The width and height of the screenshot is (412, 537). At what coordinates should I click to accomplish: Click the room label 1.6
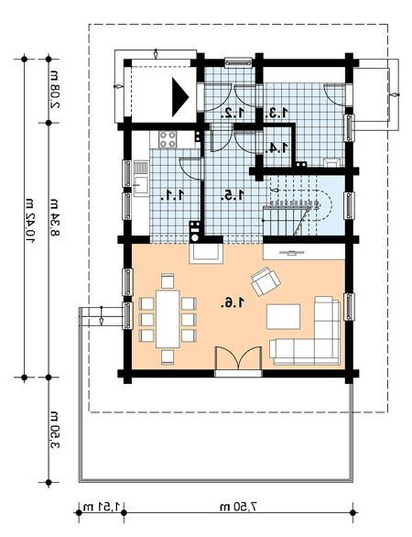pyautogui.click(x=233, y=302)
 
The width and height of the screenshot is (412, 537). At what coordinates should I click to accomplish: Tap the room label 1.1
pyautogui.click(x=173, y=195)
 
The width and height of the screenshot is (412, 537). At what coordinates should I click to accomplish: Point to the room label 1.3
pyautogui.click(x=276, y=112)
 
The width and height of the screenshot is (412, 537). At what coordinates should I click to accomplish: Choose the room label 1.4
pyautogui.click(x=276, y=148)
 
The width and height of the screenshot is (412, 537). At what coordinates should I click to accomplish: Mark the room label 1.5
pyautogui.click(x=233, y=195)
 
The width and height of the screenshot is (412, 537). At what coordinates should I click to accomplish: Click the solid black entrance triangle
pyautogui.click(x=180, y=97)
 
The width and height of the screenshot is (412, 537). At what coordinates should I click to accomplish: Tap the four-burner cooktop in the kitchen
pyautogui.click(x=168, y=139)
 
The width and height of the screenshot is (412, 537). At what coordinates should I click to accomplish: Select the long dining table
pyautogui.click(x=168, y=319)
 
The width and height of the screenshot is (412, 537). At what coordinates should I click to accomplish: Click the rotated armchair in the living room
pyautogui.click(x=266, y=281)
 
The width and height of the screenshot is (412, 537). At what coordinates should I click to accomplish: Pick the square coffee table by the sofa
pyautogui.click(x=283, y=317)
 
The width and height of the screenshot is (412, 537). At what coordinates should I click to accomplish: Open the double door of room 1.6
pyautogui.click(x=239, y=358)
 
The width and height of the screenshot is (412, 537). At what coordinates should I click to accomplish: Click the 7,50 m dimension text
pyautogui.click(x=238, y=506)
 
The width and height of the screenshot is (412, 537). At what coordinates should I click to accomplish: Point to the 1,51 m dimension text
pyautogui.click(x=103, y=506)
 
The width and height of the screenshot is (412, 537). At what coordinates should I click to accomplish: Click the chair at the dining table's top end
pyautogui.click(x=168, y=280)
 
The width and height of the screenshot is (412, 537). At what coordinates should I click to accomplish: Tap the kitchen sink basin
pyautogui.click(x=141, y=186)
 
